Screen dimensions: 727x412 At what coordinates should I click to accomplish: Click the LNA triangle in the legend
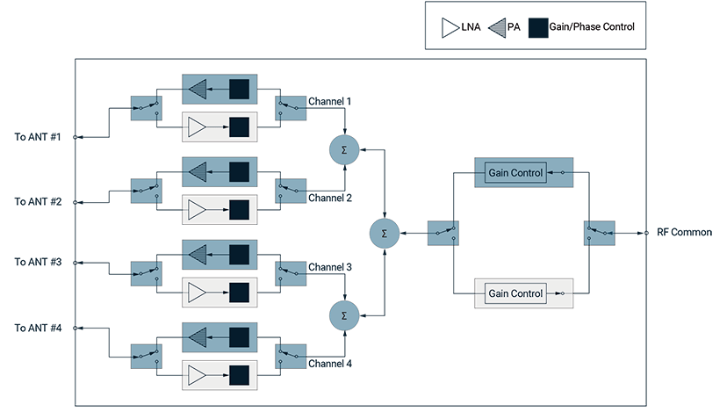tap(450, 28)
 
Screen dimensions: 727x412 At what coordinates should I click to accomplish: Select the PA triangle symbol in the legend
tap(498, 28)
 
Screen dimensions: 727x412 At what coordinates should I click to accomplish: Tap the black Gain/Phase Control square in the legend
tap(538, 28)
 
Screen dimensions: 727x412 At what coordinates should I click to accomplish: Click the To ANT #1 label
tap(38, 137)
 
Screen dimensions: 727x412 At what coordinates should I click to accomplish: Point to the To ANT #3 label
tap(38, 262)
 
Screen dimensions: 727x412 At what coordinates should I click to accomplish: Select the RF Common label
tap(684, 232)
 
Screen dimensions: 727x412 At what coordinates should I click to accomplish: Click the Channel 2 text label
tap(330, 199)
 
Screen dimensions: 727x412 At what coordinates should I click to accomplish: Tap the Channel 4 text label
tap(330, 364)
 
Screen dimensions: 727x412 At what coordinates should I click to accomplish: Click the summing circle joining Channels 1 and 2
tap(344, 150)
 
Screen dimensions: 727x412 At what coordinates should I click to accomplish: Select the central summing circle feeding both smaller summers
tap(385, 234)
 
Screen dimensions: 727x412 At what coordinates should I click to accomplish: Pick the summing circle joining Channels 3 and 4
tap(344, 316)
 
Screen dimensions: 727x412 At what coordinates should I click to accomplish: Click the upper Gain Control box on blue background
tap(515, 172)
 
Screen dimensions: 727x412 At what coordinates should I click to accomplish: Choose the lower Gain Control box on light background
tap(515, 293)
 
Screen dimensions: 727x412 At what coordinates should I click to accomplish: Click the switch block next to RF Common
tap(600, 233)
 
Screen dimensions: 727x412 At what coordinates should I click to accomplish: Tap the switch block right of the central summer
tap(443, 233)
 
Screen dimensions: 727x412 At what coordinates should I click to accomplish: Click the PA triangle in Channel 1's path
tap(198, 89)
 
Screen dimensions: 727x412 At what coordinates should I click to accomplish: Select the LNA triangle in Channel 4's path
tap(197, 375)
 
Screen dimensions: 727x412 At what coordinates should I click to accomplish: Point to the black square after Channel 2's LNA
tap(239, 210)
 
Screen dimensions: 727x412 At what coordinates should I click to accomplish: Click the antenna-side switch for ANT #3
tap(147, 274)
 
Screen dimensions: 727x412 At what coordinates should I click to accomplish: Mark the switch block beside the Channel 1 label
tap(291, 108)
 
